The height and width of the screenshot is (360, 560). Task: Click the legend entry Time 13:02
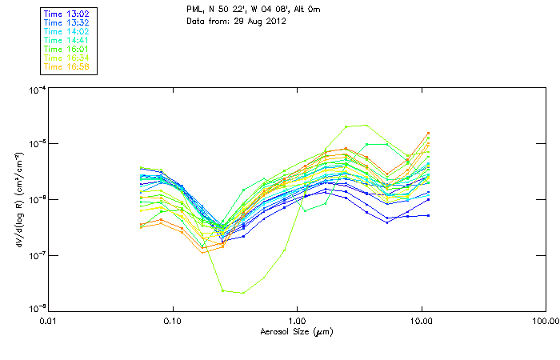(66, 14)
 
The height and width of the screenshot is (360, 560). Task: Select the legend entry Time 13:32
(66, 22)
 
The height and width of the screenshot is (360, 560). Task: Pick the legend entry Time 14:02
(66, 31)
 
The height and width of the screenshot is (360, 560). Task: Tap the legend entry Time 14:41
(66, 40)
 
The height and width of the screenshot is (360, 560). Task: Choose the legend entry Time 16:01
(66, 49)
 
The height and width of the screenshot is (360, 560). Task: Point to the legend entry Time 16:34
(66, 58)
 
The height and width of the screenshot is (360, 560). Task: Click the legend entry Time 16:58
(66, 66)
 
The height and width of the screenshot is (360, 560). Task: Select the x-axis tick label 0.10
(172, 322)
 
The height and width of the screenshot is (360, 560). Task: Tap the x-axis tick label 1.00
(297, 322)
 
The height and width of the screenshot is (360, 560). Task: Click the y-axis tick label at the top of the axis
(37, 90)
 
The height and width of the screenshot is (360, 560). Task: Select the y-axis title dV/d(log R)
(18, 199)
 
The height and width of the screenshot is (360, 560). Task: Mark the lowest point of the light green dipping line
(242, 293)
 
